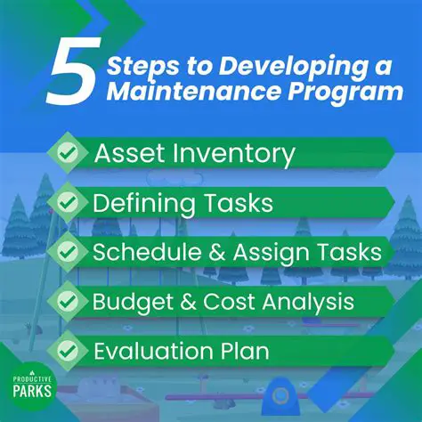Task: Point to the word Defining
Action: tap(143, 204)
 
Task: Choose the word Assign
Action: tap(264, 253)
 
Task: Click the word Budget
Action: tap(130, 301)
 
